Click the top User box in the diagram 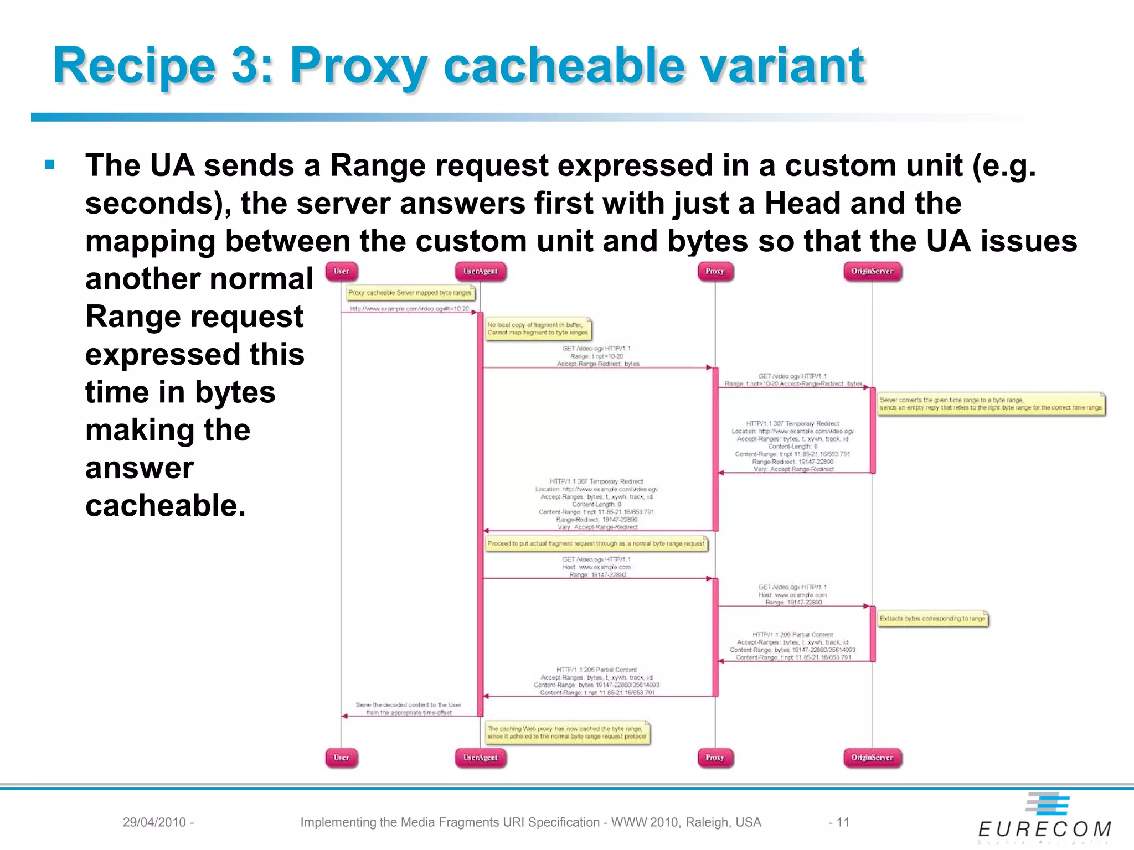[x=342, y=271]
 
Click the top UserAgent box [x=480, y=271]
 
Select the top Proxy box [x=715, y=271]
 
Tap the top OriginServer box [x=872, y=271]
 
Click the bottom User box [x=342, y=758]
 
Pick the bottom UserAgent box [x=480, y=758]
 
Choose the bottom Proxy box [x=715, y=758]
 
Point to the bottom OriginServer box [x=872, y=758]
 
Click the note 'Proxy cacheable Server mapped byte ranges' [x=410, y=293]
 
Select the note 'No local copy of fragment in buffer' [x=538, y=329]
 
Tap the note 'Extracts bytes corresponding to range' [x=932, y=619]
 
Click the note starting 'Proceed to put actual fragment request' [x=596, y=543]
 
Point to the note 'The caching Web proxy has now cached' [x=567, y=733]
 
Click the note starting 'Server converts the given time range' [x=991, y=404]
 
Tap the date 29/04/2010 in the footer [x=154, y=822]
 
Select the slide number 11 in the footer [x=842, y=822]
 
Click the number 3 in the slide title [x=245, y=66]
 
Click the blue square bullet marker [x=50, y=164]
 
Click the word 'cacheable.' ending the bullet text [x=166, y=505]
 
